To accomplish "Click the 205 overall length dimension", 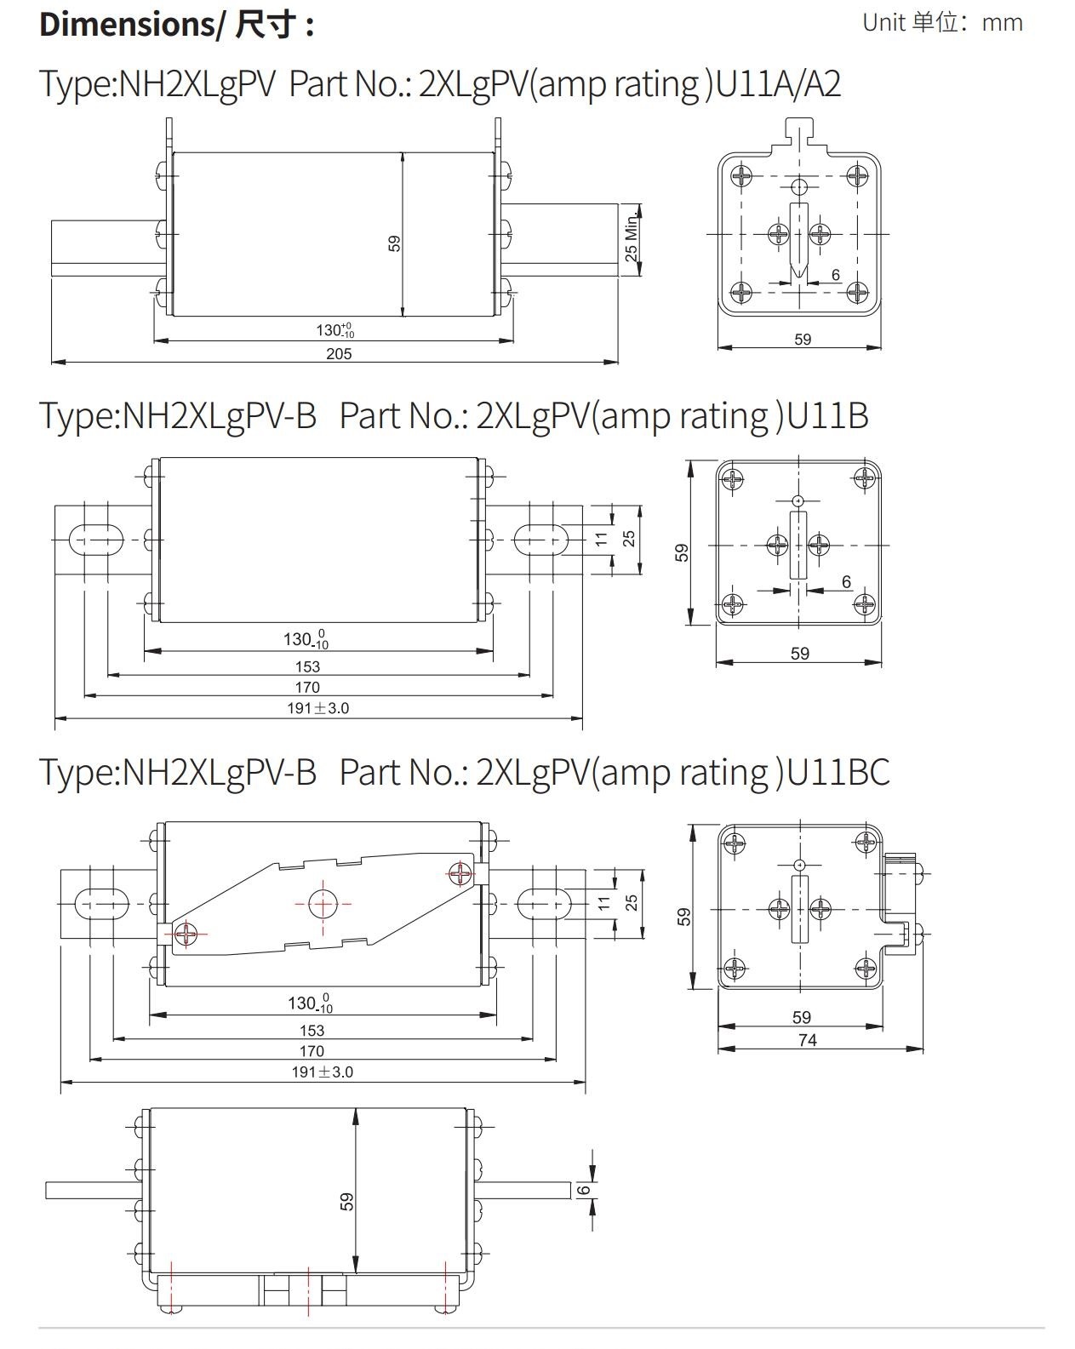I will (339, 353).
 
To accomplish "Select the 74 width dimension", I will (807, 1040).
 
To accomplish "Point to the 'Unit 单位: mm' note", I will (942, 22).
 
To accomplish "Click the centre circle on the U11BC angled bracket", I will (323, 904).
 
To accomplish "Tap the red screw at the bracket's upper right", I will (460, 873).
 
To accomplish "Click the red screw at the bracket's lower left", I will (186, 935).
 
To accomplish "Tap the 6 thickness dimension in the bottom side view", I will (584, 1190).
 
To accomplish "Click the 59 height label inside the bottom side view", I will (346, 1202).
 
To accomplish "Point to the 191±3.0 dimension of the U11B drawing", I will (317, 708).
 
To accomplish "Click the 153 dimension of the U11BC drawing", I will (312, 1031).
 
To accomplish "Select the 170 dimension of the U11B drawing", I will (307, 687).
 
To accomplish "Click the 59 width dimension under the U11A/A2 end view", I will (803, 340).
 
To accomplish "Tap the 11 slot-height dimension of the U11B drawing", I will (602, 539).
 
